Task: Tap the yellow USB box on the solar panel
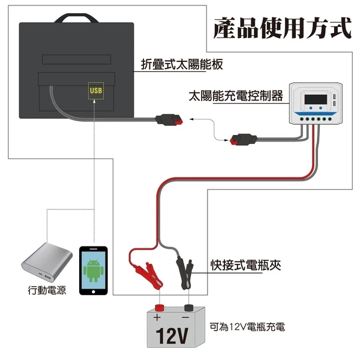tap(95, 91)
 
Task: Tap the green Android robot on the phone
tap(93, 271)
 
